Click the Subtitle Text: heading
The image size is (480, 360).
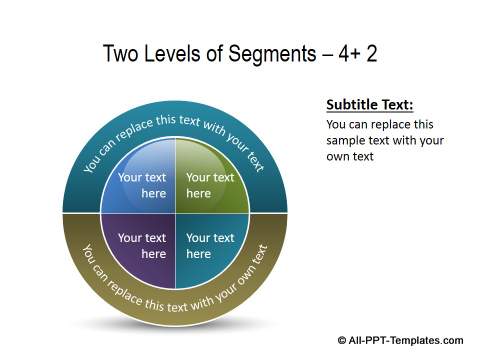point(370,105)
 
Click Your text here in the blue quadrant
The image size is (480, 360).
point(142,185)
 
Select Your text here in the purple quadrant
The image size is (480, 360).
point(142,245)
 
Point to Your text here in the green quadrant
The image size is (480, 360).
point(210,185)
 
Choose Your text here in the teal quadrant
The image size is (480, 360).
point(210,245)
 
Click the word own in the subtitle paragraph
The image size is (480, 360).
point(340,157)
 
